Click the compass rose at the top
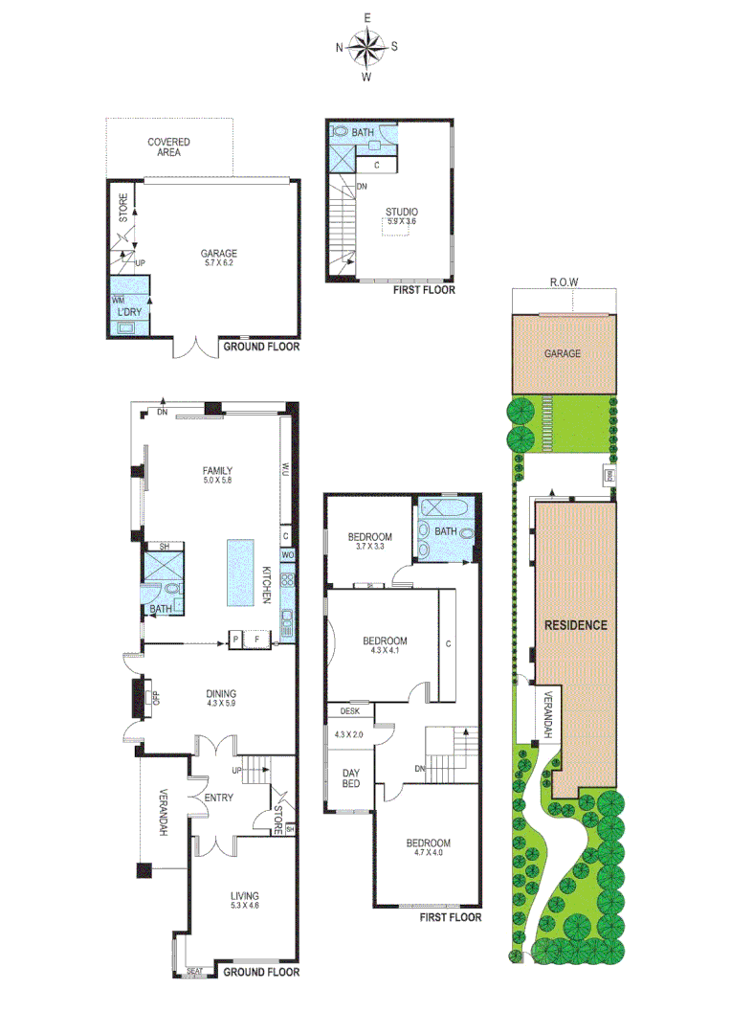(366, 46)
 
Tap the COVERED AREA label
(168, 146)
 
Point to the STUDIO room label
(402, 216)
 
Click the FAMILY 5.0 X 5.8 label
(217, 475)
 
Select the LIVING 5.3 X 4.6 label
(244, 901)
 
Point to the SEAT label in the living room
(195, 972)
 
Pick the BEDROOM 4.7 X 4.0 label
(428, 848)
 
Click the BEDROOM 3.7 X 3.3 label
(369, 541)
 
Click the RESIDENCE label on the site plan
(576, 625)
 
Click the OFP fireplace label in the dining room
(156, 696)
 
